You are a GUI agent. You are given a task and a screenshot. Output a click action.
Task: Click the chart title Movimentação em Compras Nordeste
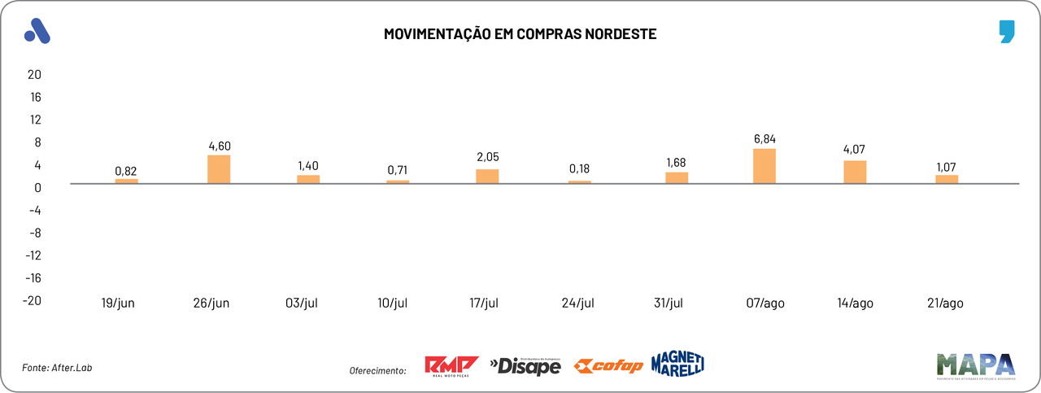[520, 34]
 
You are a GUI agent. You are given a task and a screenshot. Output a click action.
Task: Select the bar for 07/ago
[764, 166]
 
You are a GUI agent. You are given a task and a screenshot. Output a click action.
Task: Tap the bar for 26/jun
[220, 169]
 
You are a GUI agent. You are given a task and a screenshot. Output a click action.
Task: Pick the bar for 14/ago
[855, 172]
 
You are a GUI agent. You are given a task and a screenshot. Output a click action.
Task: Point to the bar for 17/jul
[487, 176]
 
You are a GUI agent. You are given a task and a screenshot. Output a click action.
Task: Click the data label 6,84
[764, 139]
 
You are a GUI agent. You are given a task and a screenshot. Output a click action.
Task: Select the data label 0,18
[579, 169]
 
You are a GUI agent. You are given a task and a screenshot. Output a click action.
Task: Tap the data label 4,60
[220, 146]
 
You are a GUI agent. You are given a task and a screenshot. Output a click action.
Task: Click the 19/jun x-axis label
[118, 303]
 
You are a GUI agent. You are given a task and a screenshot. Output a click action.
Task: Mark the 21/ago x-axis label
[945, 303]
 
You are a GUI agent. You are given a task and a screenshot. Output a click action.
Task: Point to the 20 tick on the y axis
[34, 74]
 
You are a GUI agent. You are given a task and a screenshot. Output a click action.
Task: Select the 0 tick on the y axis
[37, 187]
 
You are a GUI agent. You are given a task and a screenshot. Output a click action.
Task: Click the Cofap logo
[608, 366]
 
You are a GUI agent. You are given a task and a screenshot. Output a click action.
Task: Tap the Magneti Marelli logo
[677, 364]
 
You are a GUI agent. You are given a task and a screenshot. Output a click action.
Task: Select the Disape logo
[525, 366]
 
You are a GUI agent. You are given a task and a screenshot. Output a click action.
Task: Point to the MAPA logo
[975, 365]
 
